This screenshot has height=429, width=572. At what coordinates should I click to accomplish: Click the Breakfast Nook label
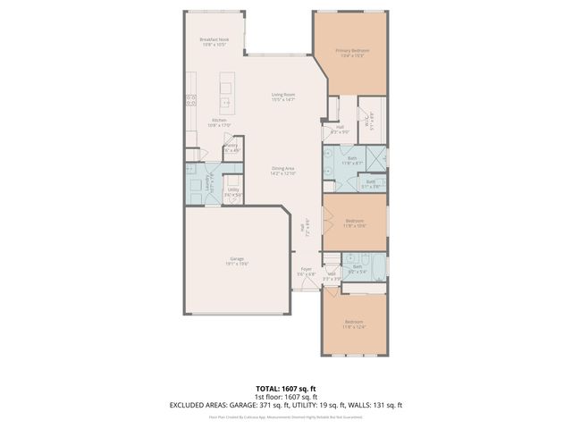[x=215, y=41]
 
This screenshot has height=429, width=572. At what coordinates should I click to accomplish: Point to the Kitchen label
[x=219, y=122]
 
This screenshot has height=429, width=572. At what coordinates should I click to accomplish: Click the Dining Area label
[x=284, y=170]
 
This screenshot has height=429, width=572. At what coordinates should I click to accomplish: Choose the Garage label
[x=236, y=261]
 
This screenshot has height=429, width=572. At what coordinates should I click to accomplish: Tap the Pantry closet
[x=231, y=147]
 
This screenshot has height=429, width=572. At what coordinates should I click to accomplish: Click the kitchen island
[x=225, y=89]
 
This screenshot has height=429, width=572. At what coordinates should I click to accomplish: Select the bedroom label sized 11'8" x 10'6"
[x=355, y=223]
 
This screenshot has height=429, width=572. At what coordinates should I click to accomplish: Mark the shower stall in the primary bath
[x=376, y=162]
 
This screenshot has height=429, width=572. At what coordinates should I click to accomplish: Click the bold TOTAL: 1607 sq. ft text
[x=286, y=389]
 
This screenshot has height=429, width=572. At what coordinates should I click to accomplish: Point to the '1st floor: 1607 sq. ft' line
[x=286, y=397]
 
